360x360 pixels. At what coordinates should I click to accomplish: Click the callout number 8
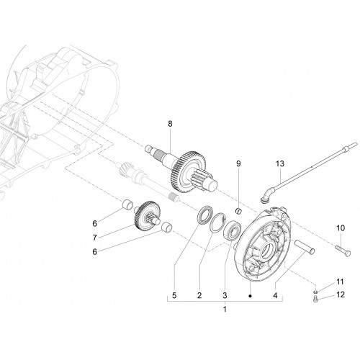point(170,124)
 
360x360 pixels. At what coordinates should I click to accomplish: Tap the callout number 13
point(280,163)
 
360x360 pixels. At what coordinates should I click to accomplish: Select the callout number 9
point(238,163)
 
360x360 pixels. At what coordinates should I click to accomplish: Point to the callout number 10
point(341,228)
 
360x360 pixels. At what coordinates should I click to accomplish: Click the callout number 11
point(340,282)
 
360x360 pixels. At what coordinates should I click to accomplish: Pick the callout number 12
point(341,294)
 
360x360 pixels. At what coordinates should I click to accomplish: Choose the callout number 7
point(94,238)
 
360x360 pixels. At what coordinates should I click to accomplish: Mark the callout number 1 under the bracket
point(225,310)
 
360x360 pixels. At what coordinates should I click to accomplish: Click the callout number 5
point(174,295)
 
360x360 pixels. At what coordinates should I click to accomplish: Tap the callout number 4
point(275,295)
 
